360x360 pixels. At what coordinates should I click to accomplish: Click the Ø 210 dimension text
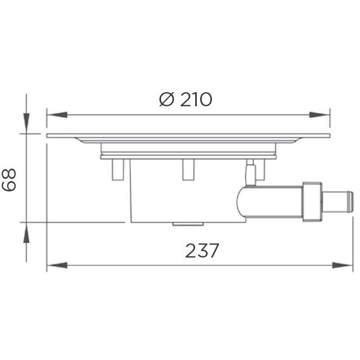click(x=185, y=100)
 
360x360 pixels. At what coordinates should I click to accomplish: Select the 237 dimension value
click(x=202, y=250)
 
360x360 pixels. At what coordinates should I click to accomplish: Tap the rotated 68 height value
click(x=9, y=178)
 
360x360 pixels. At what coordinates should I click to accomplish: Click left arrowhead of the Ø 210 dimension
click(x=56, y=115)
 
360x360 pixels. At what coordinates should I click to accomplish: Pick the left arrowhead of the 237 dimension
click(x=56, y=266)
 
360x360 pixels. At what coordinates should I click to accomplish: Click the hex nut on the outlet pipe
click(x=312, y=202)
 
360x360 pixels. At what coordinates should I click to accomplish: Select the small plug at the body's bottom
click(x=188, y=223)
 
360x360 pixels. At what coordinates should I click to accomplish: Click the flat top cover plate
click(x=188, y=135)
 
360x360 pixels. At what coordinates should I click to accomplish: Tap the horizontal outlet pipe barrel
click(x=271, y=202)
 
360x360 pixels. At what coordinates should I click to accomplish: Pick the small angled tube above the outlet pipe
click(x=250, y=175)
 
